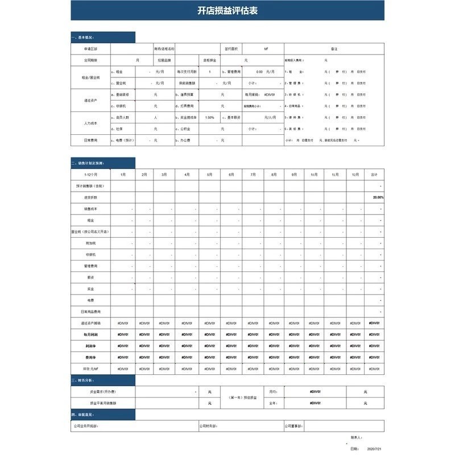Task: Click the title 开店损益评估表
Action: (227, 11)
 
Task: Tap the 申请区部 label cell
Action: (91, 49)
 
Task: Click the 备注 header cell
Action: (334, 49)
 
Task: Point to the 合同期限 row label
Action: (91, 60)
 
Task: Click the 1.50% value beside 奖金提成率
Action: (210, 117)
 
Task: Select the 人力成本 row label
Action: (91, 123)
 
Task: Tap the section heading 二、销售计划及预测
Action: (88, 163)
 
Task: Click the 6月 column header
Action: (231, 175)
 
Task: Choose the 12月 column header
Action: (355, 175)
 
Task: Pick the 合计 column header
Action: (374, 175)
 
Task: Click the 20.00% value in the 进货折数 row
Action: (378, 197)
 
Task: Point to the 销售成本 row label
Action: (91, 209)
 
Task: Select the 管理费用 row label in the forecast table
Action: (91, 266)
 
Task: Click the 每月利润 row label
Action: (91, 334)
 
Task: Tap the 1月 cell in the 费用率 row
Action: (123, 357)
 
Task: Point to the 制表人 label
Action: (357, 437)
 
